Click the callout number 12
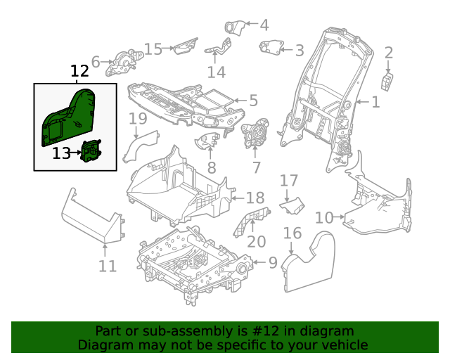click(x=79, y=71)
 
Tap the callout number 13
click(x=62, y=152)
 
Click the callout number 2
click(x=388, y=52)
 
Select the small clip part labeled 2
click(x=387, y=81)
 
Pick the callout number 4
click(x=264, y=26)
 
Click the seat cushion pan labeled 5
click(x=183, y=102)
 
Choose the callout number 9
click(x=273, y=263)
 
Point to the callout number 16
click(x=292, y=233)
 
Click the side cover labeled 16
click(x=313, y=264)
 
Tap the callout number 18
click(x=254, y=197)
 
